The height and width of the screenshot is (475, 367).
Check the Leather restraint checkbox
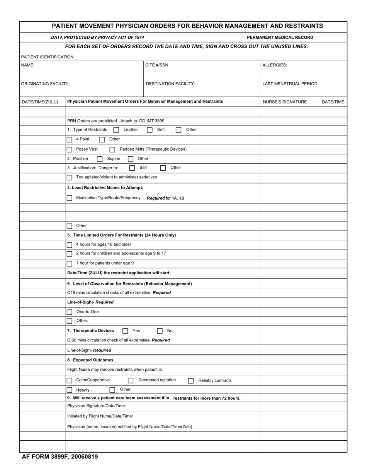(x=116, y=130)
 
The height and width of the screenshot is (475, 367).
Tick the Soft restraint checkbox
(x=150, y=130)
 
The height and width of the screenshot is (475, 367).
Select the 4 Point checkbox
(x=70, y=139)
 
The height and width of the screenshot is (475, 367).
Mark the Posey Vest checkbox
(x=70, y=149)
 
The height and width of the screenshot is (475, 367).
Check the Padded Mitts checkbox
(x=112, y=149)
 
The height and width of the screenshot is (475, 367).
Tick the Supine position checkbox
(x=100, y=159)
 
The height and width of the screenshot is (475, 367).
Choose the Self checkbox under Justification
(x=132, y=168)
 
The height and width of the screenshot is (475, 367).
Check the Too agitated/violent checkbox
(x=70, y=178)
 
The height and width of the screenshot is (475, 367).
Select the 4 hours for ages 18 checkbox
(x=70, y=245)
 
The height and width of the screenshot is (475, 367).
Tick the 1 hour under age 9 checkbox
(x=70, y=263)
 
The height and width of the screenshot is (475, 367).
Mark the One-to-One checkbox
(x=70, y=312)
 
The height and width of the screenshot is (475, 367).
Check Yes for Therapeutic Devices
(x=125, y=331)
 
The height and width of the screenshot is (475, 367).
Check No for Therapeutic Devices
(x=160, y=331)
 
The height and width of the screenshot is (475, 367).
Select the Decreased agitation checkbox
(x=131, y=380)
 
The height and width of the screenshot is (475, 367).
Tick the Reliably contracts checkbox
(x=190, y=381)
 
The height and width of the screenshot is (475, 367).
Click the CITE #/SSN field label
(x=156, y=65)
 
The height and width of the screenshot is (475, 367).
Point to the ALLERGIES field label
(x=275, y=65)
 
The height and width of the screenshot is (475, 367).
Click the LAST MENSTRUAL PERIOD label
(x=290, y=84)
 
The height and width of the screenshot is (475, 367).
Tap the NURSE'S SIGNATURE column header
(x=285, y=102)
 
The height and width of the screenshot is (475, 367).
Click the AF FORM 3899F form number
(x=60, y=457)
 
